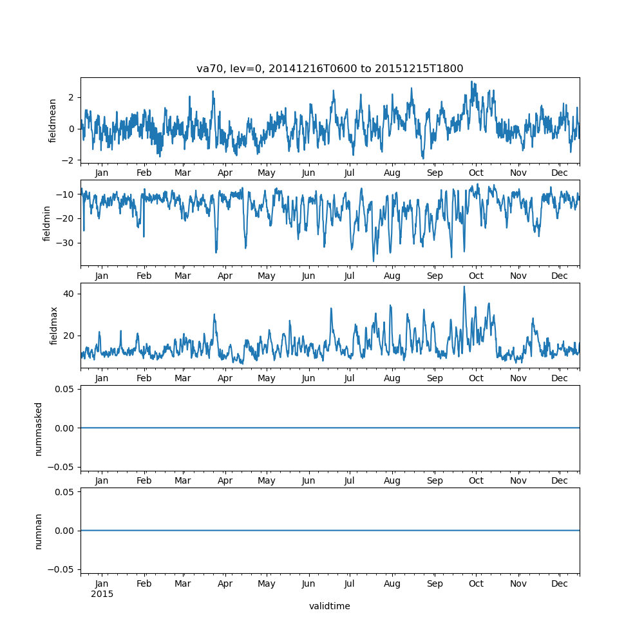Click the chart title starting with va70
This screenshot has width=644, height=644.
coord(330,69)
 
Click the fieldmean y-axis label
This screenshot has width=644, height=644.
coord(53,120)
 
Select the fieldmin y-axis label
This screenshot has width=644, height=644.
coord(47,223)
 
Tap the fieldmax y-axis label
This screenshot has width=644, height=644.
coord(53,325)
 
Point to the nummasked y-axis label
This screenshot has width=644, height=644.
coord(39,428)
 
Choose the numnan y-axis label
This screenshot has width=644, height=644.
coord(39,531)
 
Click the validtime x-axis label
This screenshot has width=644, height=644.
coord(329,606)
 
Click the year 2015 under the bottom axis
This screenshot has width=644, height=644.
coord(102,594)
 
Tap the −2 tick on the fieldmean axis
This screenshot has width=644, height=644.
coord(70,160)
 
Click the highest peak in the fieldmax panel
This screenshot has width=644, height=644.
coord(464,287)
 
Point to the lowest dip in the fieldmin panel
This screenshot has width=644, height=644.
coord(374,261)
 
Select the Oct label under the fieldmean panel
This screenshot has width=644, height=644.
coord(476,173)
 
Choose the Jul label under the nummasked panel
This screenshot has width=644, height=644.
coord(349,481)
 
